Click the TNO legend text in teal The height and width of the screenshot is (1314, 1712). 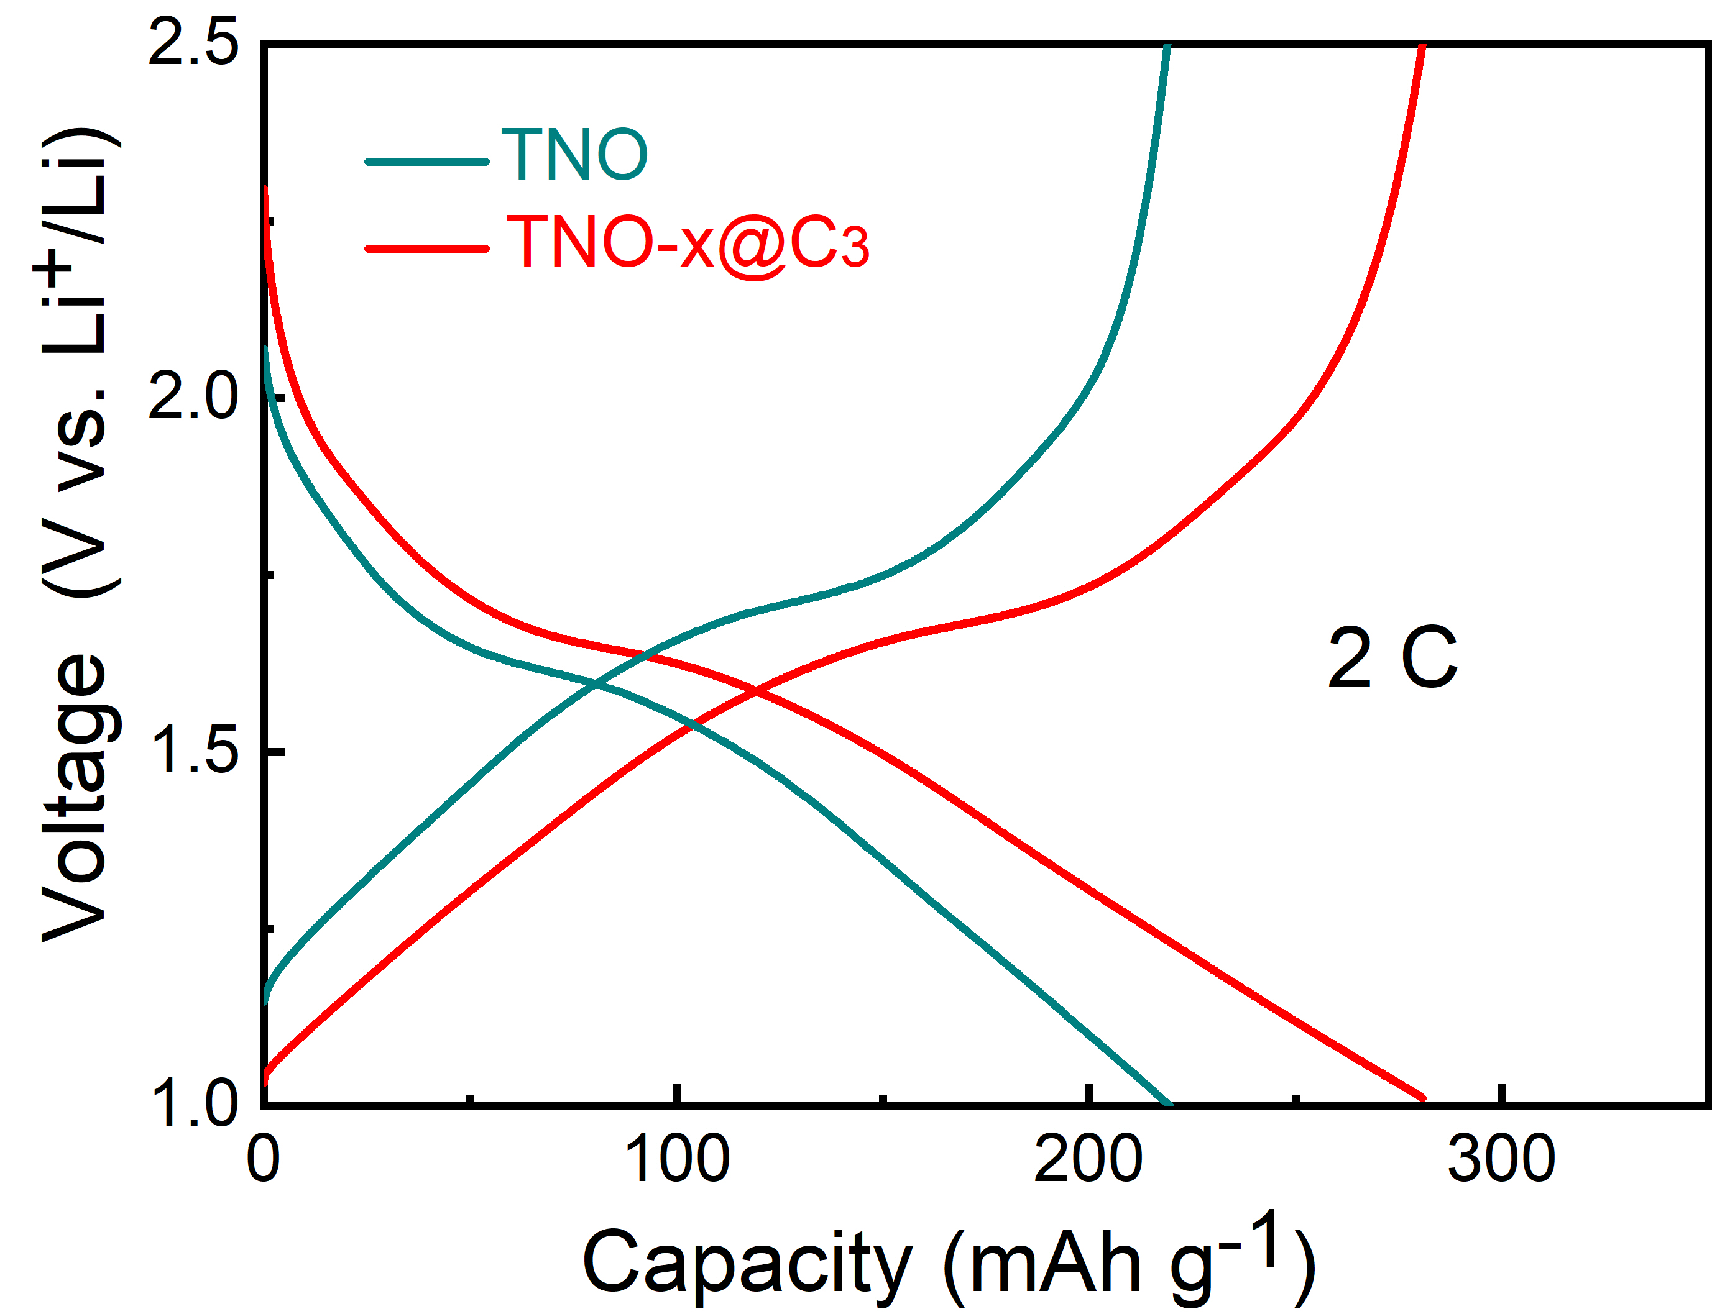click(x=574, y=155)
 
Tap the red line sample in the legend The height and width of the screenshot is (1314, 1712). click(x=427, y=249)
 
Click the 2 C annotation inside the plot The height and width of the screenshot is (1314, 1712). click(x=1392, y=659)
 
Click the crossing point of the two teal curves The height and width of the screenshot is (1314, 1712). click(x=596, y=685)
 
